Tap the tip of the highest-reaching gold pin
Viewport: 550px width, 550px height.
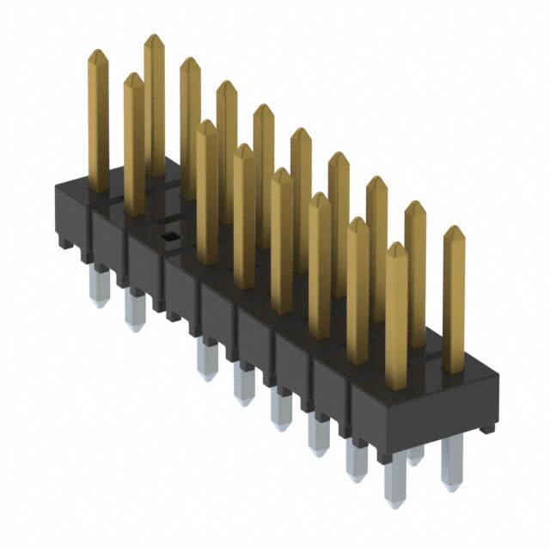[154, 40]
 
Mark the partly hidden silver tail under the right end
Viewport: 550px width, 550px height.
[416, 455]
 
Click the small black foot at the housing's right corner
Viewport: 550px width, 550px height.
[487, 427]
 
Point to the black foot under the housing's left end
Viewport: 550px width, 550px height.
[65, 242]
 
